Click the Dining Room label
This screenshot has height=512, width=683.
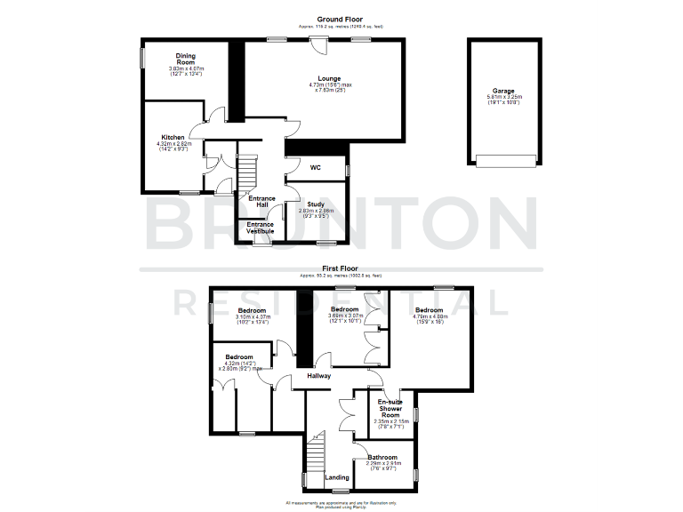tap(186, 59)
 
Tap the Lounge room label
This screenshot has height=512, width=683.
tap(330, 78)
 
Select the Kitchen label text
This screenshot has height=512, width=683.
tap(173, 137)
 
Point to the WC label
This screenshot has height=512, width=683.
tap(316, 167)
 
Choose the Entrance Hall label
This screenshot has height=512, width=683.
tap(261, 202)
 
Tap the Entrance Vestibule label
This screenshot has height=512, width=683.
tap(261, 228)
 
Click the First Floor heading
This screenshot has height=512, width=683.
tap(341, 267)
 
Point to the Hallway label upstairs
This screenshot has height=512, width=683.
tap(318, 376)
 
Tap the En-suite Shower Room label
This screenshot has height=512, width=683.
tap(390, 408)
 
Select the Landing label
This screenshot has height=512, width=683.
tap(337, 477)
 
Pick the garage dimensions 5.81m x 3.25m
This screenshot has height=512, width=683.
tap(503, 100)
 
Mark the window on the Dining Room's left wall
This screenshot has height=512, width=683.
tap(142, 57)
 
